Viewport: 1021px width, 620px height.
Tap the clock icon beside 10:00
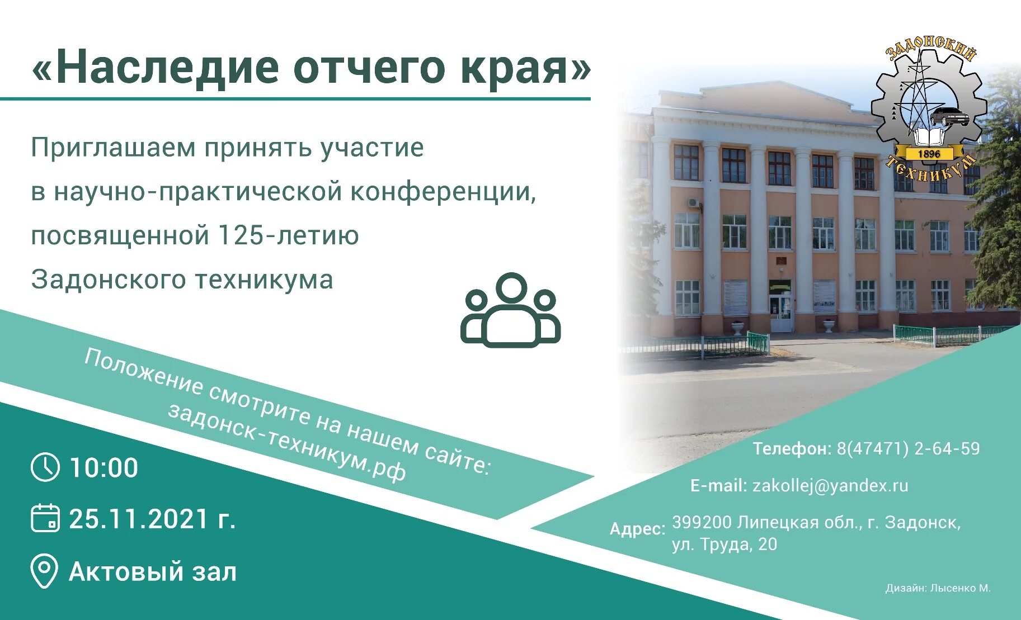45,467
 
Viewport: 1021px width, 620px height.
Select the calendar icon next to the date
45,518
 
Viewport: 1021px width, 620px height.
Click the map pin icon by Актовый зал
44,571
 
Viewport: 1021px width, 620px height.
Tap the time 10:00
103,468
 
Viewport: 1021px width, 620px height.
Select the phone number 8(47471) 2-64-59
908,448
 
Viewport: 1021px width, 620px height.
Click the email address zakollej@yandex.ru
830,485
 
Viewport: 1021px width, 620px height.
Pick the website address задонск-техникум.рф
286,442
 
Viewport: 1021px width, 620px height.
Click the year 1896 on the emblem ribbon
929,154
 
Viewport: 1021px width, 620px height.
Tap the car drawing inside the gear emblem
949,117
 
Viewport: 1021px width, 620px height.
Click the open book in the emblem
929,136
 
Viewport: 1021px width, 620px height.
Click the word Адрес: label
638,529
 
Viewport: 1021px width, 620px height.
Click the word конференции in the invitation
443,192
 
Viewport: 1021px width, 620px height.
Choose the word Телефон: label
792,448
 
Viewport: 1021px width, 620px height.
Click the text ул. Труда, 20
724,544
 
